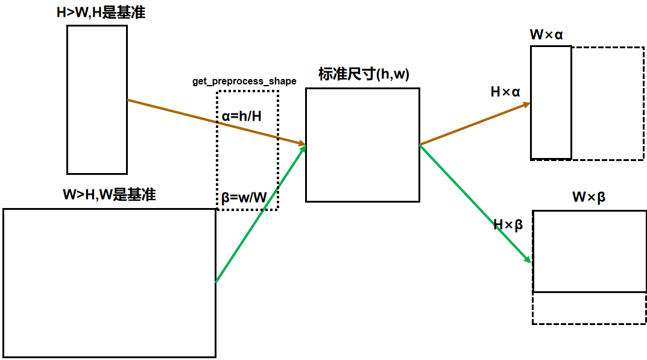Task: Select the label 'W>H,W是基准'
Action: pyautogui.click(x=109, y=195)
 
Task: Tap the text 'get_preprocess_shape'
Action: pyautogui.click(x=244, y=81)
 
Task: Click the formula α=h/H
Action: pyautogui.click(x=242, y=116)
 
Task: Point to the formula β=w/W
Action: pyautogui.click(x=244, y=197)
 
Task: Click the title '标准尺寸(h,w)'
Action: pyautogui.click(x=364, y=75)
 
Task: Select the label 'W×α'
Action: pyautogui.click(x=546, y=34)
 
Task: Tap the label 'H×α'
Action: pyautogui.click(x=505, y=92)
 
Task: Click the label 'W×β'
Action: pyautogui.click(x=589, y=197)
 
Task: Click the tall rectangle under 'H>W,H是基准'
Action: pyautogui.click(x=97, y=99)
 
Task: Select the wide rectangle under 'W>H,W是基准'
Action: pyautogui.click(x=109, y=282)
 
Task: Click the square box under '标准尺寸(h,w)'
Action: pyautogui.click(x=362, y=145)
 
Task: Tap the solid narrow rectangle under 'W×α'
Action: pyautogui.click(x=551, y=102)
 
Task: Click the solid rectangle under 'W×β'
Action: pyautogui.click(x=589, y=251)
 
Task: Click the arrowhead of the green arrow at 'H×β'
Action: pyautogui.click(x=528, y=260)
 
